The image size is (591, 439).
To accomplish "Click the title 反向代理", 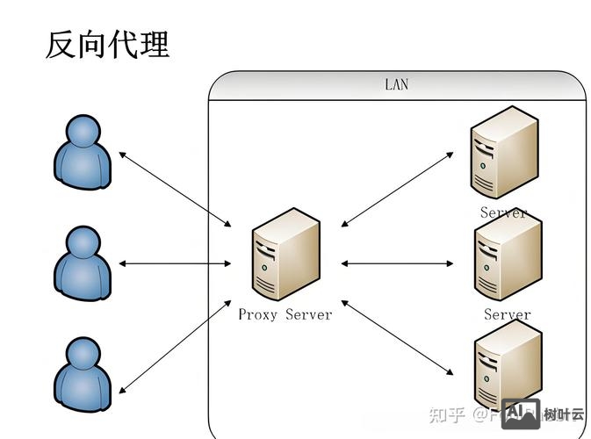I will (106, 44).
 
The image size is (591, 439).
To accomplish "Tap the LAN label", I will (396, 85).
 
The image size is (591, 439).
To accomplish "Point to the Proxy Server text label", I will (285, 314).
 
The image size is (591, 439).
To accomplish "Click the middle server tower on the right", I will (507, 261).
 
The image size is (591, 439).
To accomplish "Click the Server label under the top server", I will (503, 212).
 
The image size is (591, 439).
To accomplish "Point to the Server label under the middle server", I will (507, 314).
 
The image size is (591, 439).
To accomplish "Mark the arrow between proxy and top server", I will (397, 189).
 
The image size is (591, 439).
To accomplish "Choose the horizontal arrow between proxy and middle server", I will (397, 263).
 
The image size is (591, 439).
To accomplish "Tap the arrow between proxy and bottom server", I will (397, 337).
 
